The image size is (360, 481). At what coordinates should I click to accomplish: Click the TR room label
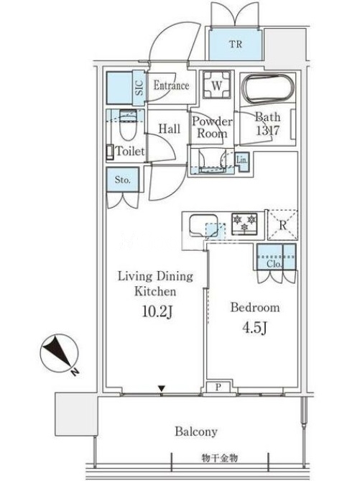(236, 44)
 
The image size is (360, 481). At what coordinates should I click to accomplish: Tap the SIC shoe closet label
(139, 88)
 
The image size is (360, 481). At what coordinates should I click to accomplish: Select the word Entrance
(171, 85)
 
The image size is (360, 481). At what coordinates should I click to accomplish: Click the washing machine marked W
(217, 86)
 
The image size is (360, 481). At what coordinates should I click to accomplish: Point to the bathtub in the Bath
(268, 89)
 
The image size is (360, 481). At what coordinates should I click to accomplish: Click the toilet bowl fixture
(126, 126)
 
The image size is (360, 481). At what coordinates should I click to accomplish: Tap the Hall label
(170, 129)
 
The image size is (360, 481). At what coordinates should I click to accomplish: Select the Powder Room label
(212, 127)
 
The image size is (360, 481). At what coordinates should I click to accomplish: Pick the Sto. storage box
(123, 180)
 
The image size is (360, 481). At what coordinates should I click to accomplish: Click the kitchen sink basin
(203, 226)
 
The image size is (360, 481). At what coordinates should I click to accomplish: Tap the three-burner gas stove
(244, 224)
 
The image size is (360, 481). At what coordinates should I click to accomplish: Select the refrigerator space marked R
(282, 225)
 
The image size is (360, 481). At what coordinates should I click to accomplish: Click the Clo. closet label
(274, 263)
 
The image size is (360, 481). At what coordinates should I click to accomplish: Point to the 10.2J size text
(157, 311)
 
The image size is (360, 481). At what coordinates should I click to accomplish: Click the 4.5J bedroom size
(254, 328)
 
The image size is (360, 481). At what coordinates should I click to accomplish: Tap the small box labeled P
(218, 387)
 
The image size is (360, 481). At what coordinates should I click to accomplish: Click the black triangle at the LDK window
(161, 389)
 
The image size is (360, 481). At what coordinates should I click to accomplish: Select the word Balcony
(196, 431)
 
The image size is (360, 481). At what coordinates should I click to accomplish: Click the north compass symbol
(59, 354)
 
